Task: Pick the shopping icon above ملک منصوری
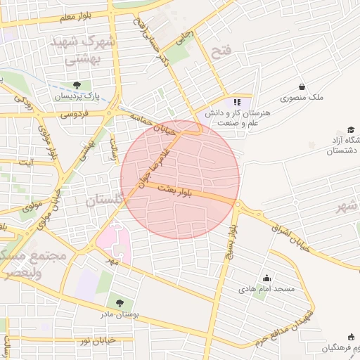point(302,87)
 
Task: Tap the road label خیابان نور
point(97,340)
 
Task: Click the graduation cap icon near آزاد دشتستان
point(351,130)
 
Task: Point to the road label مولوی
point(33,207)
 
